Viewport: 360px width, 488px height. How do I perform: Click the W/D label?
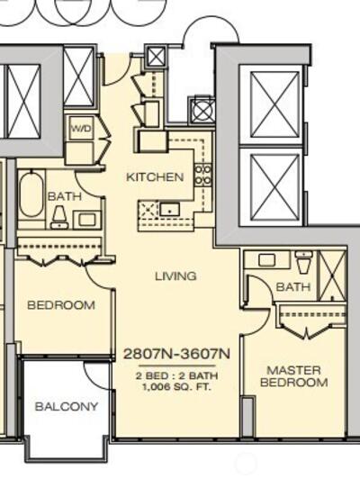[x=82, y=128]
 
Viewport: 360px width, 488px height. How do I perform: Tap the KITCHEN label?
[x=155, y=177]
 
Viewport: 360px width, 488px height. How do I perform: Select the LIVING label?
[x=175, y=276]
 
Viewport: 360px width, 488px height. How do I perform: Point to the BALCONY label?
[x=67, y=406]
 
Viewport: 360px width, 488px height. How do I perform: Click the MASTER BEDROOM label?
[x=293, y=376]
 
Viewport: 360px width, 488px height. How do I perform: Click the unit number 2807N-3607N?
[x=176, y=354]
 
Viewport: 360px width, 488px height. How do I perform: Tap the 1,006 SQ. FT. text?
[x=176, y=387]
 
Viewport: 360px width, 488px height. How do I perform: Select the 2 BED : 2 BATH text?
[x=176, y=375]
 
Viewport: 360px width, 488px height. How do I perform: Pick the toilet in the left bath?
[x=59, y=218]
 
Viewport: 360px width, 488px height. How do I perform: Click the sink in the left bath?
[x=87, y=220]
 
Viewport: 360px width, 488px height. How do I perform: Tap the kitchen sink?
[x=170, y=210]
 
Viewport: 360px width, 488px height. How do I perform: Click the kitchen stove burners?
[x=203, y=175]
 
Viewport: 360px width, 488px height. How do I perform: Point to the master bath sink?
[x=266, y=260]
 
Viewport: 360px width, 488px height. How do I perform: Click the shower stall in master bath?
[x=333, y=276]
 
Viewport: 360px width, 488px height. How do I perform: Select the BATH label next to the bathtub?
[x=65, y=196]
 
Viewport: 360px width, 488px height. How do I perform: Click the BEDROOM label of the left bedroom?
[x=61, y=305]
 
